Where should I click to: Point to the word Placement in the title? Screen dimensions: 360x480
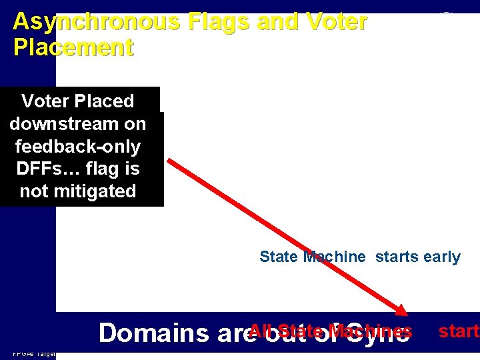point(73,47)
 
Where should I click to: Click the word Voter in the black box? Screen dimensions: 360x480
point(47,101)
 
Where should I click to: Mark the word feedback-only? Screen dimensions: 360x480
point(77,147)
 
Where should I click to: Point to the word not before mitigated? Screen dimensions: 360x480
point(34,192)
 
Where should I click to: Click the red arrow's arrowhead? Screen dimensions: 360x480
point(401,310)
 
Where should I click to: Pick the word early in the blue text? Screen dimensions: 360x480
point(439,257)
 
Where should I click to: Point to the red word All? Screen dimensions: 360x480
point(262,331)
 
